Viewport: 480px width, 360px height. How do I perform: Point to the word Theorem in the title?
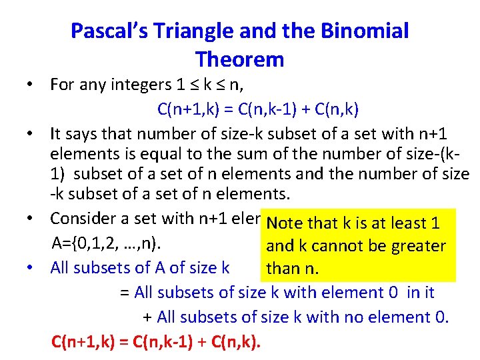pyautogui.click(x=240, y=59)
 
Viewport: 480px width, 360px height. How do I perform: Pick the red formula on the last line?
pyautogui.click(x=157, y=343)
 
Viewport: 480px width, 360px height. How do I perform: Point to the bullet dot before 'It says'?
pyautogui.click(x=31, y=134)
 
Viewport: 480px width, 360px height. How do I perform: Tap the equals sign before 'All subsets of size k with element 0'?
pyautogui.click(x=125, y=293)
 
